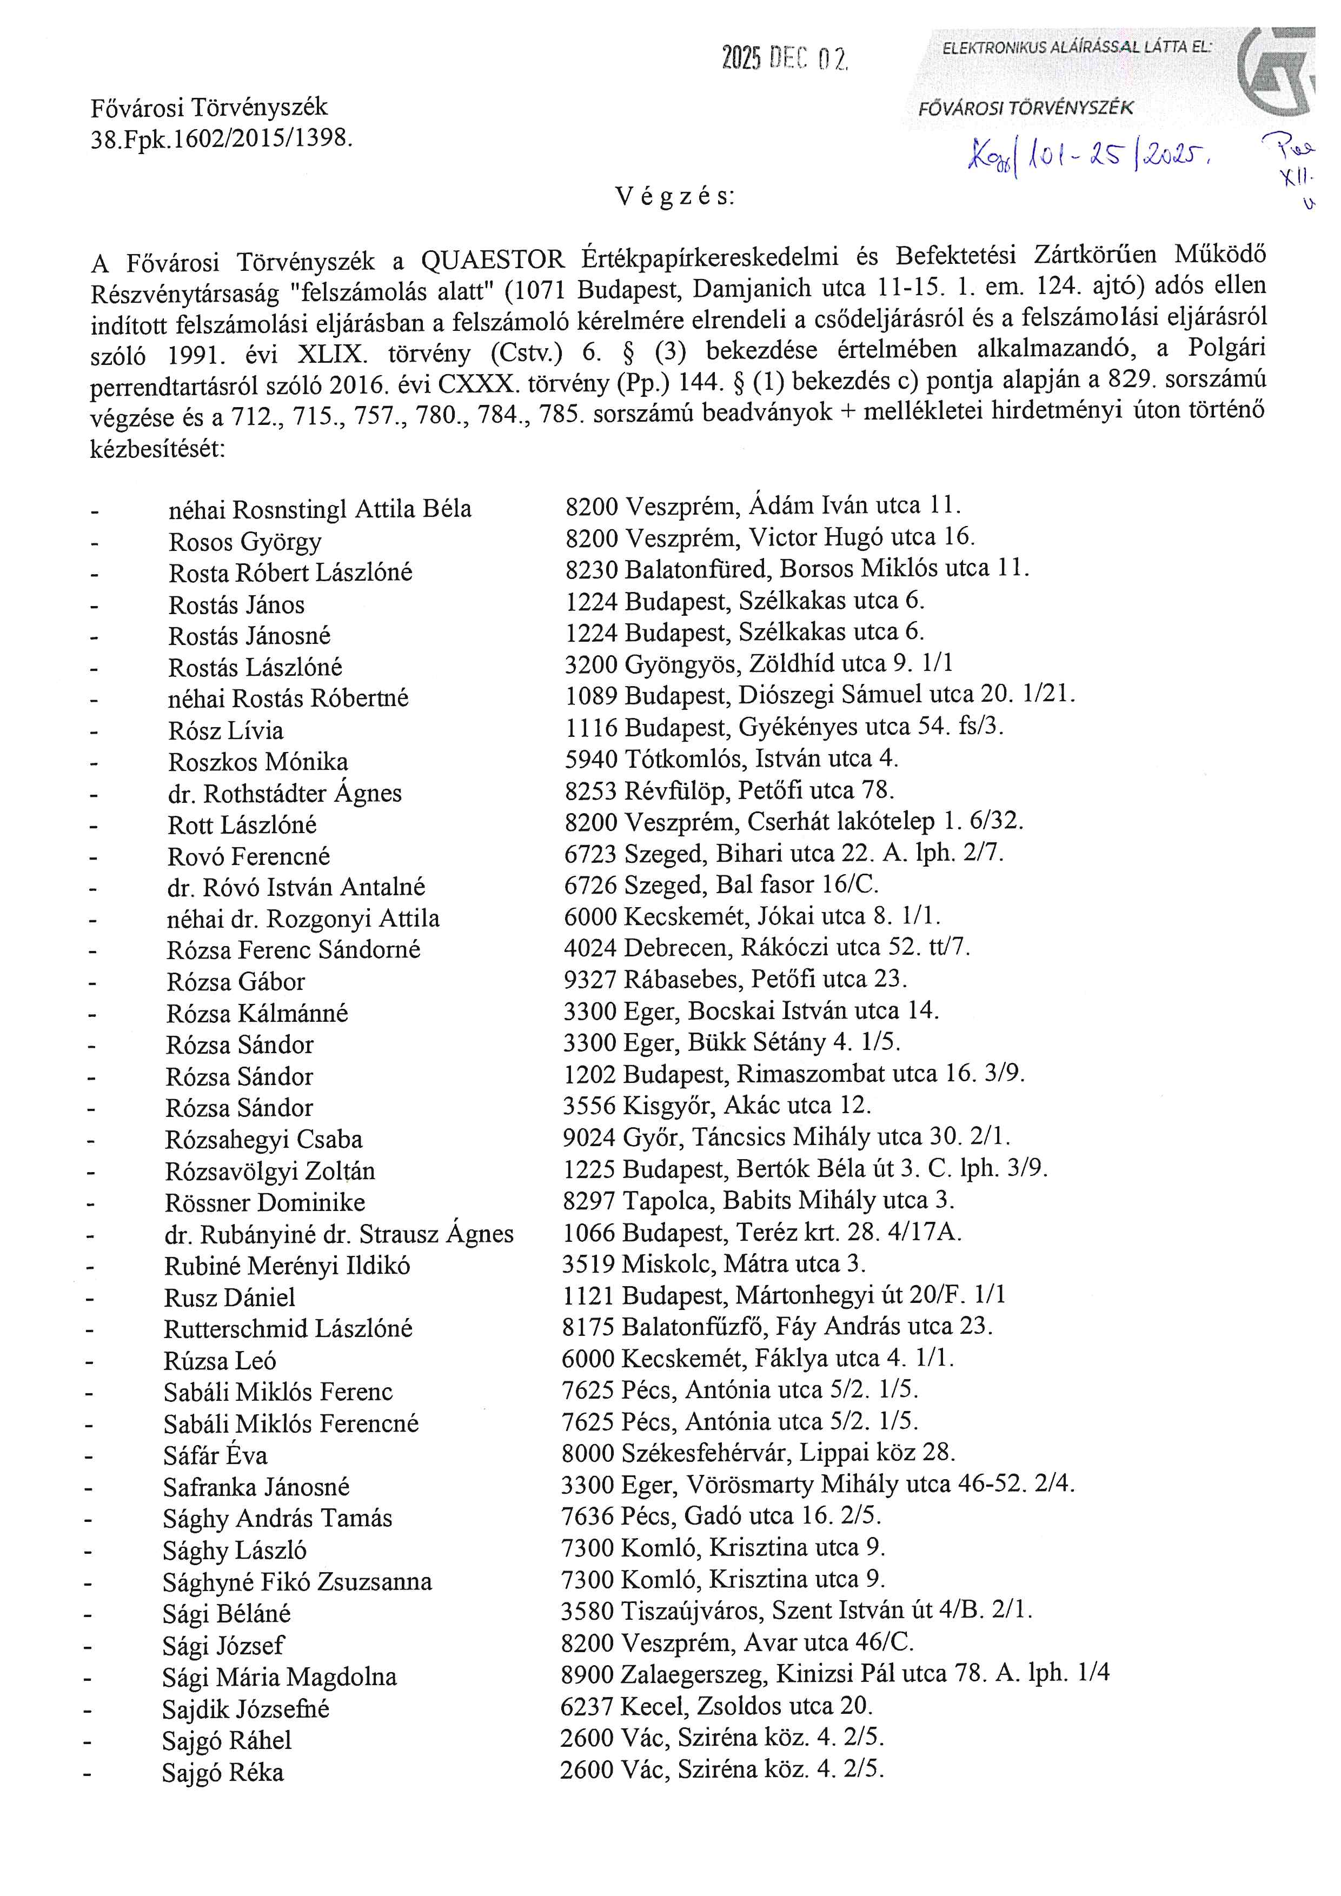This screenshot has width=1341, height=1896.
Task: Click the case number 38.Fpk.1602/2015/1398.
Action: [x=221, y=139]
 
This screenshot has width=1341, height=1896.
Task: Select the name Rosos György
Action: [x=245, y=542]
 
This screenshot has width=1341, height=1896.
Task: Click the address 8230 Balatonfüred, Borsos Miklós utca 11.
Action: [x=797, y=568]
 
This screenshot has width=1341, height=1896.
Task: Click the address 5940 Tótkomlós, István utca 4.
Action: [x=732, y=759]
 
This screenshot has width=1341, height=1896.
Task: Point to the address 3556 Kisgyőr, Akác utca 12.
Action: [x=717, y=1105]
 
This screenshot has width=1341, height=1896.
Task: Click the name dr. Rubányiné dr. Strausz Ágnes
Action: [x=338, y=1234]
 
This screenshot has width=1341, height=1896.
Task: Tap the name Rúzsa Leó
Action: [x=220, y=1360]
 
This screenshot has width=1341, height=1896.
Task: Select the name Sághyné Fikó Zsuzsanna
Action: [x=297, y=1581]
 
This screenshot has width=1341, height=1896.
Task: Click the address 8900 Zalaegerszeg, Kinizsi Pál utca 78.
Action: [x=835, y=1674]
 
